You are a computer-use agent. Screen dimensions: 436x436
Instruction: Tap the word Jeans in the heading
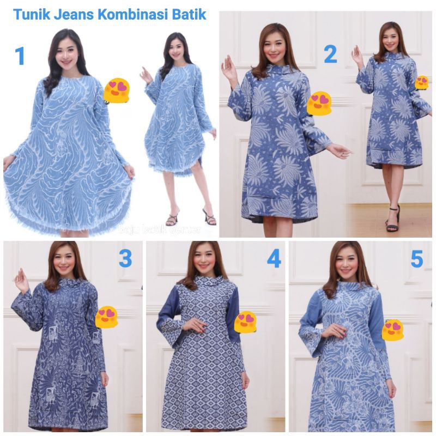(x=74, y=15)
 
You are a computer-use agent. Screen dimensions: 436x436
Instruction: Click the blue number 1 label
(x=20, y=56)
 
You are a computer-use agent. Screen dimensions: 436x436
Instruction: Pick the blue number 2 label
(x=330, y=54)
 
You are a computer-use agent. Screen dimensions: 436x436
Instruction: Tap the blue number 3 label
(x=125, y=258)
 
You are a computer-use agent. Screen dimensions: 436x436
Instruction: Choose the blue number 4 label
(x=274, y=258)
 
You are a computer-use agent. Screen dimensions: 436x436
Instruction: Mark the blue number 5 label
(x=417, y=259)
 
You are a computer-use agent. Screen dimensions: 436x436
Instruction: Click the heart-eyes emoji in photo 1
(x=117, y=90)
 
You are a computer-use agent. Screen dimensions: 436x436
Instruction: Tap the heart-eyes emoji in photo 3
(x=107, y=317)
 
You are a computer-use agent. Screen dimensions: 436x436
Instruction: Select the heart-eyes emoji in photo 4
(x=245, y=322)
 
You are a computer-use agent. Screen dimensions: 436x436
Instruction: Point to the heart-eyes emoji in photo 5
(x=392, y=329)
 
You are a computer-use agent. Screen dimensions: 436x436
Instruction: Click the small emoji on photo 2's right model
(x=422, y=82)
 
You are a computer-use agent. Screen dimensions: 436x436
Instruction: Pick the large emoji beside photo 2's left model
(x=319, y=104)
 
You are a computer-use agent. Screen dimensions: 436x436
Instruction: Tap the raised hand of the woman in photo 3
(x=22, y=280)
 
